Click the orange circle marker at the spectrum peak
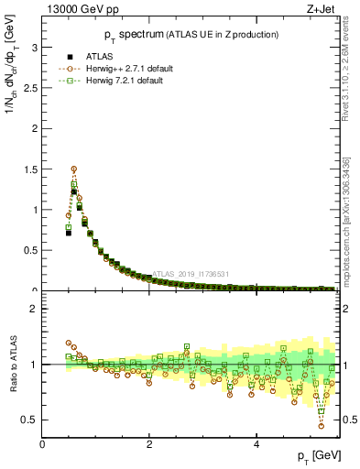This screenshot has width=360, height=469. click(x=74, y=169)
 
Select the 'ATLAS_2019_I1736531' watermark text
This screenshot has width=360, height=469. click(x=193, y=273)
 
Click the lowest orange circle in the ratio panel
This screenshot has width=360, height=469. click(x=321, y=426)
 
